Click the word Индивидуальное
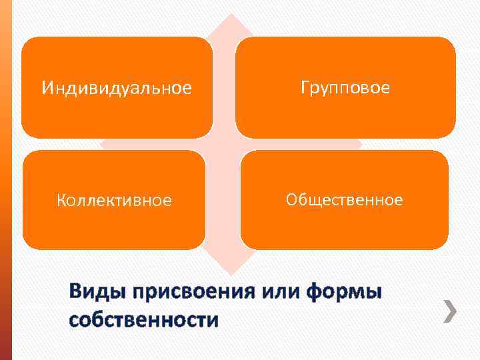tap(117, 87)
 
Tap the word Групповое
tap(345, 87)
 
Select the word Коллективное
tap(114, 200)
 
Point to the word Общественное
tap(344, 199)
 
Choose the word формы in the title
tap(345, 293)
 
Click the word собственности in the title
tap(143, 320)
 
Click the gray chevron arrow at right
tap(451, 311)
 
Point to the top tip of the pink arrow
tap(230, 14)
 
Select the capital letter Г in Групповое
tap(304, 87)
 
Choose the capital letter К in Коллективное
tap(61, 200)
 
